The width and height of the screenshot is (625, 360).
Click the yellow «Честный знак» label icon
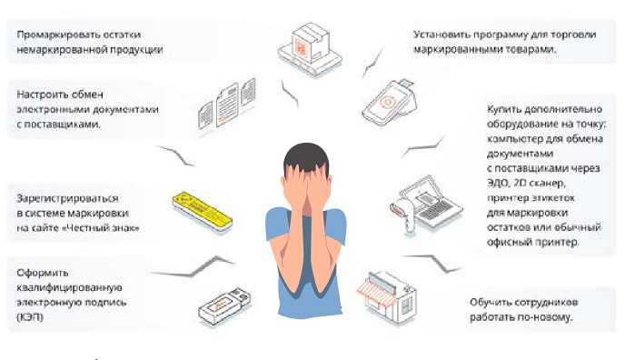click(x=202, y=212)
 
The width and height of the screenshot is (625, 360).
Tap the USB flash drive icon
click(x=224, y=305)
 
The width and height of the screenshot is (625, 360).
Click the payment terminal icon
click(x=390, y=102)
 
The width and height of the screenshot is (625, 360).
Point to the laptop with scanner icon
click(x=426, y=205)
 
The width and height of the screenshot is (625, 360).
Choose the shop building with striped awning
click(x=387, y=297)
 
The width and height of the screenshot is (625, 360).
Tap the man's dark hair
click(x=306, y=156)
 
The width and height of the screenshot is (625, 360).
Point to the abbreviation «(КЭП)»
click(x=30, y=317)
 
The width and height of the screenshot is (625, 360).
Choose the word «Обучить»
click(x=489, y=302)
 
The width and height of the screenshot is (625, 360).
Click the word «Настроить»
click(x=43, y=95)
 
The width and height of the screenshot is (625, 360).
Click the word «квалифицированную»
click(x=69, y=287)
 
